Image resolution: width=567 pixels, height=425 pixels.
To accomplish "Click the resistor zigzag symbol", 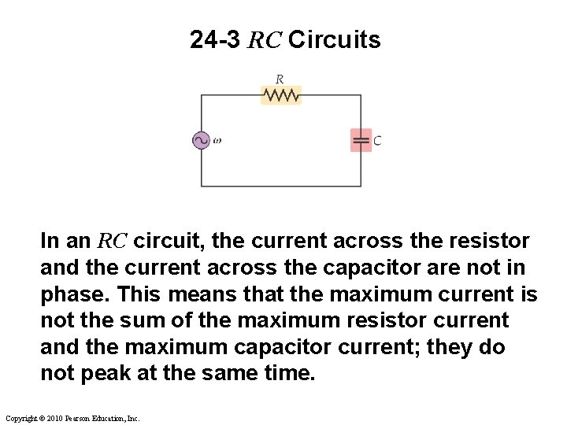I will (281, 95).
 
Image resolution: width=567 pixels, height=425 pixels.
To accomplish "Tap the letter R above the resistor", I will (280, 79).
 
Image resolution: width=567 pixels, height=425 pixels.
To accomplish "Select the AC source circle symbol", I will (201, 140).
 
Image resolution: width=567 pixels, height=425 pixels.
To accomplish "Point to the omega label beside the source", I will (217, 141).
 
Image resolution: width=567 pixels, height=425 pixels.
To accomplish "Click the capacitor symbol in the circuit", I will (361, 141).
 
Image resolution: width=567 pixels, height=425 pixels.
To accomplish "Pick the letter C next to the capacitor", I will (378, 141).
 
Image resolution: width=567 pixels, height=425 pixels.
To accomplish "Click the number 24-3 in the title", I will (215, 40).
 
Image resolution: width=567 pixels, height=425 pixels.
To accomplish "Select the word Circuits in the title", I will (335, 40).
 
